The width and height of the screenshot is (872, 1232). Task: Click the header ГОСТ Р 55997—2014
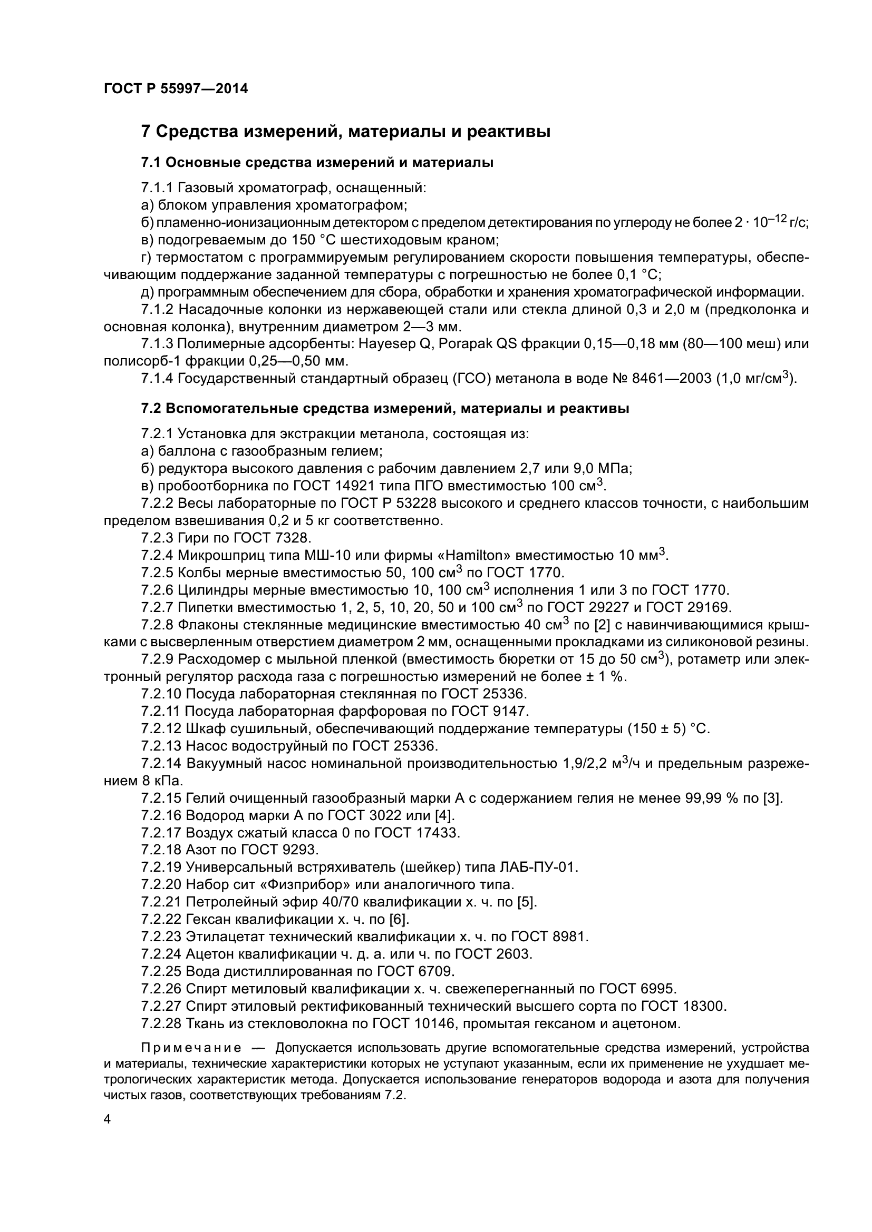(176, 89)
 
